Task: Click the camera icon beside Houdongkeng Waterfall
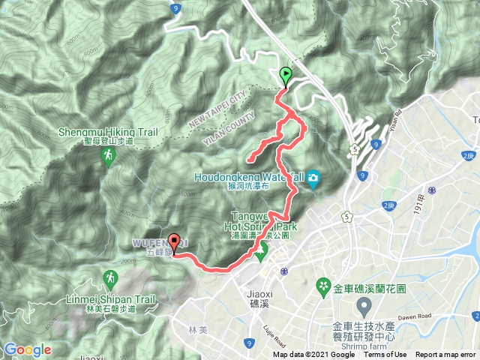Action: coord(313,178)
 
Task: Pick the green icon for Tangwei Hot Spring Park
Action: coord(260,255)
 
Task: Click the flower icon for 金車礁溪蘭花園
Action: coord(324,285)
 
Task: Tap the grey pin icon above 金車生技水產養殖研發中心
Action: coord(364,305)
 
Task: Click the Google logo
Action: coord(28,349)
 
